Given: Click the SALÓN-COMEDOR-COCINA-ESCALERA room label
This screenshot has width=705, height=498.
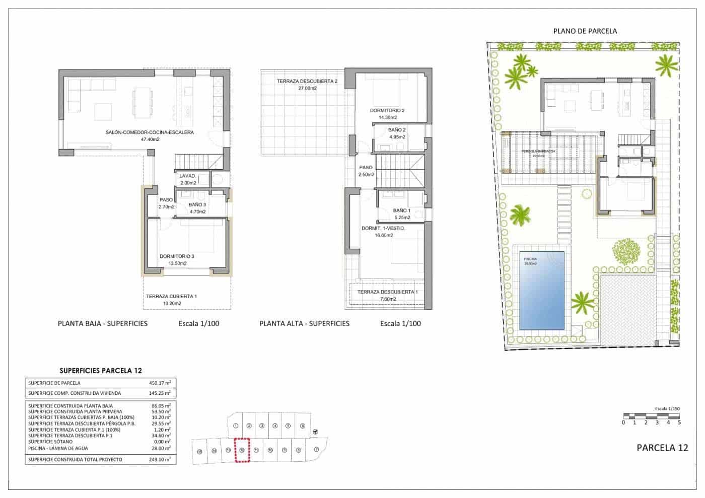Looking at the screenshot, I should click(x=150, y=133).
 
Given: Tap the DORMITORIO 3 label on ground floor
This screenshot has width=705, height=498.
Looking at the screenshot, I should click(x=177, y=256).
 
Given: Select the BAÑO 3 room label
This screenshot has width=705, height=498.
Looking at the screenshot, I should click(x=197, y=205).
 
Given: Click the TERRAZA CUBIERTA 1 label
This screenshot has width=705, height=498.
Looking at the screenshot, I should click(x=171, y=297).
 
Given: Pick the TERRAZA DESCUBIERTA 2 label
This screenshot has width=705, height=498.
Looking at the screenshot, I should click(x=307, y=81).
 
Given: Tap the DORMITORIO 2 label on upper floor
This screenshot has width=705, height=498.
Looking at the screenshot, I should click(x=387, y=110).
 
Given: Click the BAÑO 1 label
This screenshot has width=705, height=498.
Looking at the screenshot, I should click(x=402, y=210).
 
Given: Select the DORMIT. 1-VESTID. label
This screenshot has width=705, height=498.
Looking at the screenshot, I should click(x=383, y=228).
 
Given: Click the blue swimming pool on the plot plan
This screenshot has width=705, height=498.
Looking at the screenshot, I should click(x=541, y=290).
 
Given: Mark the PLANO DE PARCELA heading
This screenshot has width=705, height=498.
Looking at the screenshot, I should click(x=585, y=31).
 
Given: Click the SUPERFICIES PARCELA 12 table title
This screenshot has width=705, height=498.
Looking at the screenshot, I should click(x=101, y=371).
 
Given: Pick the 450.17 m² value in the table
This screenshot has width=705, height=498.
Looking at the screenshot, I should click(x=161, y=383).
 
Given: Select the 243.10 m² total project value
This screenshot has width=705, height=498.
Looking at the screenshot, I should click(x=161, y=459).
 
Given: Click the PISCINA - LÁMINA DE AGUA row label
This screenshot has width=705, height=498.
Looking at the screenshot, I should click(x=58, y=448).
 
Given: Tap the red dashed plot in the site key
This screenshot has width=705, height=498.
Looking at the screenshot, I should click(x=242, y=451).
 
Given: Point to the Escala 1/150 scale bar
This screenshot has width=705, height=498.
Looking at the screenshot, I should click(x=652, y=416).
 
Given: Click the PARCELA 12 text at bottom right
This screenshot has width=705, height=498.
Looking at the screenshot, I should click(x=662, y=448).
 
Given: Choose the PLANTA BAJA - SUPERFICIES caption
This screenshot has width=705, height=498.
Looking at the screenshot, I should click(x=103, y=323).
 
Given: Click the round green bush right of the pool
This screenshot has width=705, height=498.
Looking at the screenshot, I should click(x=626, y=251).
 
